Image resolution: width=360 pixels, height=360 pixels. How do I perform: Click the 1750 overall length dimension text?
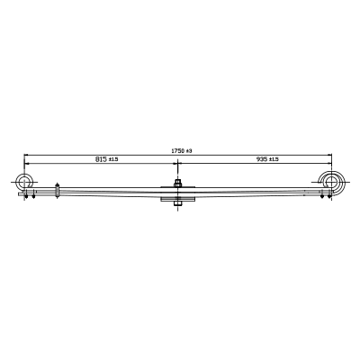pos(177,151)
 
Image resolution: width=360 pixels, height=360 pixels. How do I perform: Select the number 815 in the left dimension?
pos(101,159)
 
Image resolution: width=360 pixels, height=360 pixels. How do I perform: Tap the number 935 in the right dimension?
pos(262,159)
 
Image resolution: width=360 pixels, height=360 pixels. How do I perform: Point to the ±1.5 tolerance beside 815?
pos(113,159)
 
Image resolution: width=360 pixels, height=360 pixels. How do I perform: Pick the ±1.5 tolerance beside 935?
pos(274,159)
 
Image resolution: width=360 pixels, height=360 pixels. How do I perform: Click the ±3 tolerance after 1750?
pos(188,151)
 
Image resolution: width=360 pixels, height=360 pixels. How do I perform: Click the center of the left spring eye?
pos(24,182)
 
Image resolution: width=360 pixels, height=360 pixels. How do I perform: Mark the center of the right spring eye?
pos(331,182)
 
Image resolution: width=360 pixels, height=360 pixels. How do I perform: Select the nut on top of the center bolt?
pos(177,184)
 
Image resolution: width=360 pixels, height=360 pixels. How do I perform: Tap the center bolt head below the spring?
pos(177,204)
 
